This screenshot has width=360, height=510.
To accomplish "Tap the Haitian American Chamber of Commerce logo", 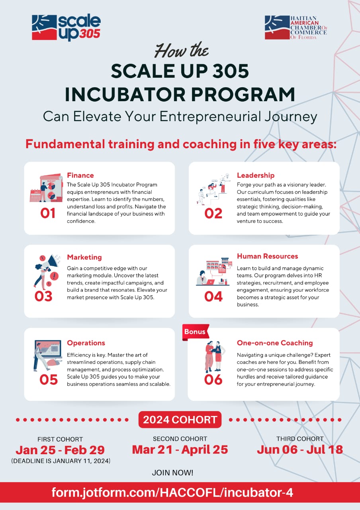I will pyautogui.click(x=295, y=27).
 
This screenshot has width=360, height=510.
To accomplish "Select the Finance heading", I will pyautogui.click(x=80, y=175).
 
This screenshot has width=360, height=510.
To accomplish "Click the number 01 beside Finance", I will pyautogui.click(x=48, y=214).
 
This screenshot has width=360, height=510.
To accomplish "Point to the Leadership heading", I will pyautogui.click(x=256, y=175).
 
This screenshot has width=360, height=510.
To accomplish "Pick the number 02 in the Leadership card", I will pyautogui.click(x=213, y=214).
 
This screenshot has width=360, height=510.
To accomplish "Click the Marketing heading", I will pyautogui.click(x=84, y=257).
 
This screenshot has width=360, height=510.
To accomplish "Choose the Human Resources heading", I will pyautogui.click(x=267, y=256).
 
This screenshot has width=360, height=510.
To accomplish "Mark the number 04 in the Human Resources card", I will pyautogui.click(x=213, y=296).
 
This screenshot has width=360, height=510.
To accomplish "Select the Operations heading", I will pyautogui.click(x=86, y=343).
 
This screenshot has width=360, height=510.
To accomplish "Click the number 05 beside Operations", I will pyautogui.click(x=49, y=380).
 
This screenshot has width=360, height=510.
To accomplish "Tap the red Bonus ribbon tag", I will pyautogui.click(x=195, y=332).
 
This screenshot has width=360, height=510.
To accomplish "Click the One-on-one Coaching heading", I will pyautogui.click(x=275, y=343).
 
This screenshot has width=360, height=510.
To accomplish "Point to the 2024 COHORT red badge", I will pyautogui.click(x=180, y=420).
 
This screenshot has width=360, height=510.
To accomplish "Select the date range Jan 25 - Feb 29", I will pyautogui.click(x=60, y=450).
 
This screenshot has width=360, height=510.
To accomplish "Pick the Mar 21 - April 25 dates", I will pyautogui.click(x=180, y=449).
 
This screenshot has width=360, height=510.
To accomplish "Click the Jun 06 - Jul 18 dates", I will pyautogui.click(x=300, y=449).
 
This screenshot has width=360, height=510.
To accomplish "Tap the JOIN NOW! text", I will pyautogui.click(x=172, y=473).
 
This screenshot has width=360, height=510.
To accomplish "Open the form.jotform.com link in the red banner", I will pyautogui.click(x=172, y=493).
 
